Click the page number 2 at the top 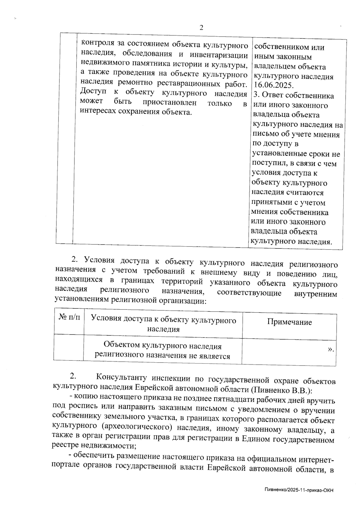[x=201, y=28]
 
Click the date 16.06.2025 [x=273, y=85]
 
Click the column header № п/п [x=69, y=318]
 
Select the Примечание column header [x=289, y=322]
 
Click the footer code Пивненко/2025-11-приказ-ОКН [x=299, y=490]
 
